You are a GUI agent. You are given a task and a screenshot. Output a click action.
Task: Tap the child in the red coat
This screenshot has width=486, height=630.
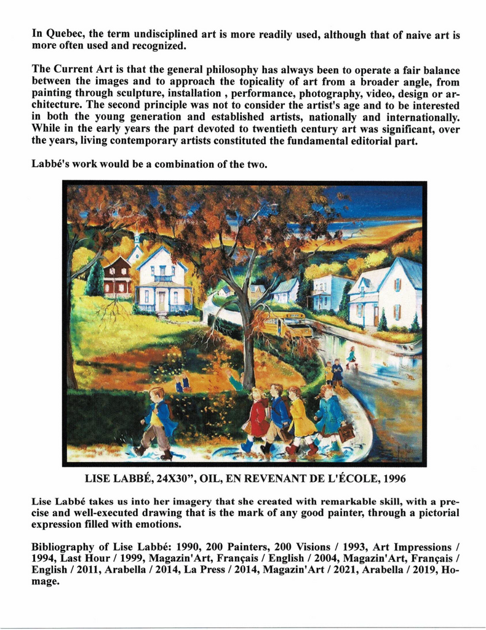tap(257, 418)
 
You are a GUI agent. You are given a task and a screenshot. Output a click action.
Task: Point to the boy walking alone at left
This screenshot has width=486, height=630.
tap(157, 421)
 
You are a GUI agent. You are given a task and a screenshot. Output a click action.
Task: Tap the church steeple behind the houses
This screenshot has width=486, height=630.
tap(137, 242)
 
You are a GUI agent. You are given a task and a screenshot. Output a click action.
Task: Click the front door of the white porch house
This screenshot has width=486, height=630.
tap(162, 301)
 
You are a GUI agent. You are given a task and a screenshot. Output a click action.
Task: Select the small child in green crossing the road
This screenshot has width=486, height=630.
tap(351, 356)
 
